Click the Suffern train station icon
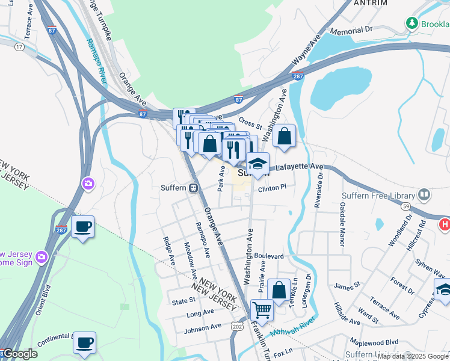point(194,188)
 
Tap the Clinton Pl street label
point(271,188)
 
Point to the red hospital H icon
point(445,224)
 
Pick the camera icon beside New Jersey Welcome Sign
point(41,257)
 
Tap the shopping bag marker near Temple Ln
point(280,289)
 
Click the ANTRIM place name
point(370,3)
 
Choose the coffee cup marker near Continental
point(84,343)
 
